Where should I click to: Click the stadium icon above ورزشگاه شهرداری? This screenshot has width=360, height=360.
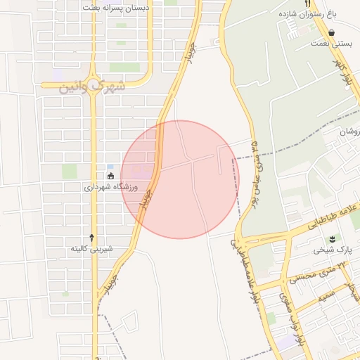pyautogui.click(x=110, y=176)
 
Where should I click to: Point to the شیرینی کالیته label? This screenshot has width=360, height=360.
pyautogui.click(x=91, y=249)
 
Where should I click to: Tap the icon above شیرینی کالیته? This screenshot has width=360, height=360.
pyautogui.click(x=91, y=237)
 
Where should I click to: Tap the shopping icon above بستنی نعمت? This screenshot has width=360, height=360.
pyautogui.click(x=330, y=32)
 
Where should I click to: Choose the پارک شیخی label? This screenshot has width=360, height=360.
pyautogui.click(x=333, y=250)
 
